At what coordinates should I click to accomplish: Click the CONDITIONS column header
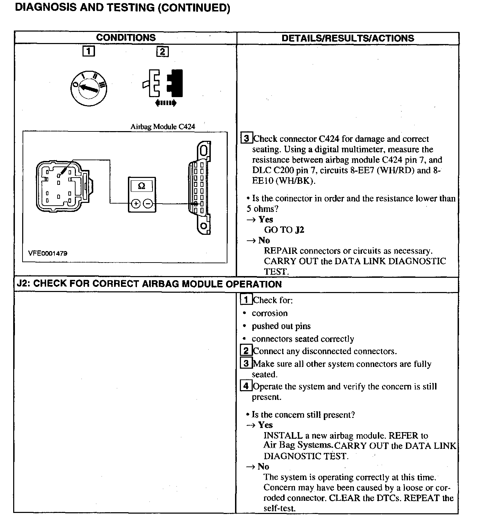pos(125,38)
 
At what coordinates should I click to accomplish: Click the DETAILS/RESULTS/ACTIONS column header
pos(348,38)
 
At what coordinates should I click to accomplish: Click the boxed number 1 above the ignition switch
pos(89,52)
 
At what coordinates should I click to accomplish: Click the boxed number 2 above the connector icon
pos(163,52)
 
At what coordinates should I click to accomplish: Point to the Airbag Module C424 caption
pos(163,127)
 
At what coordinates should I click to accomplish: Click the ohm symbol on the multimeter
pos(141,186)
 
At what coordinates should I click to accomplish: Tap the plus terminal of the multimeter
pos(136,204)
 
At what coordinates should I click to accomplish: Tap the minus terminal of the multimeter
pos(148,204)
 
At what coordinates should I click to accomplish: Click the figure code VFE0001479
pos(48,254)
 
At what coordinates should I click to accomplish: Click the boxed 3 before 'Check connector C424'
pos(246,138)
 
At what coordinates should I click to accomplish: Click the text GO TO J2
pos(284,230)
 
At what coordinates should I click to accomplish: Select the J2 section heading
pos(149,284)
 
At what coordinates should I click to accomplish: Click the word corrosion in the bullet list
pos(270,313)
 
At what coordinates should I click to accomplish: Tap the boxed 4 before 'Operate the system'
pos(246,386)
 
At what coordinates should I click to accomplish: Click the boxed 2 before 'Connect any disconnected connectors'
pos(246,351)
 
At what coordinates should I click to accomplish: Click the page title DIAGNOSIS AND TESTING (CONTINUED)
pos(122,8)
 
